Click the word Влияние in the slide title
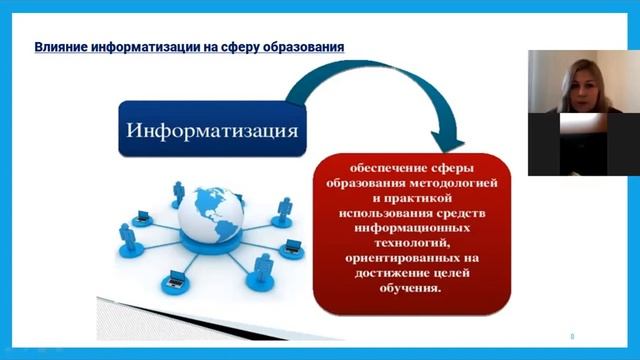coord(58,46)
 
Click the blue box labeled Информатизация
coord(210,129)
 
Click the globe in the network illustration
coord(213,215)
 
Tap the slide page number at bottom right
coord(572,336)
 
